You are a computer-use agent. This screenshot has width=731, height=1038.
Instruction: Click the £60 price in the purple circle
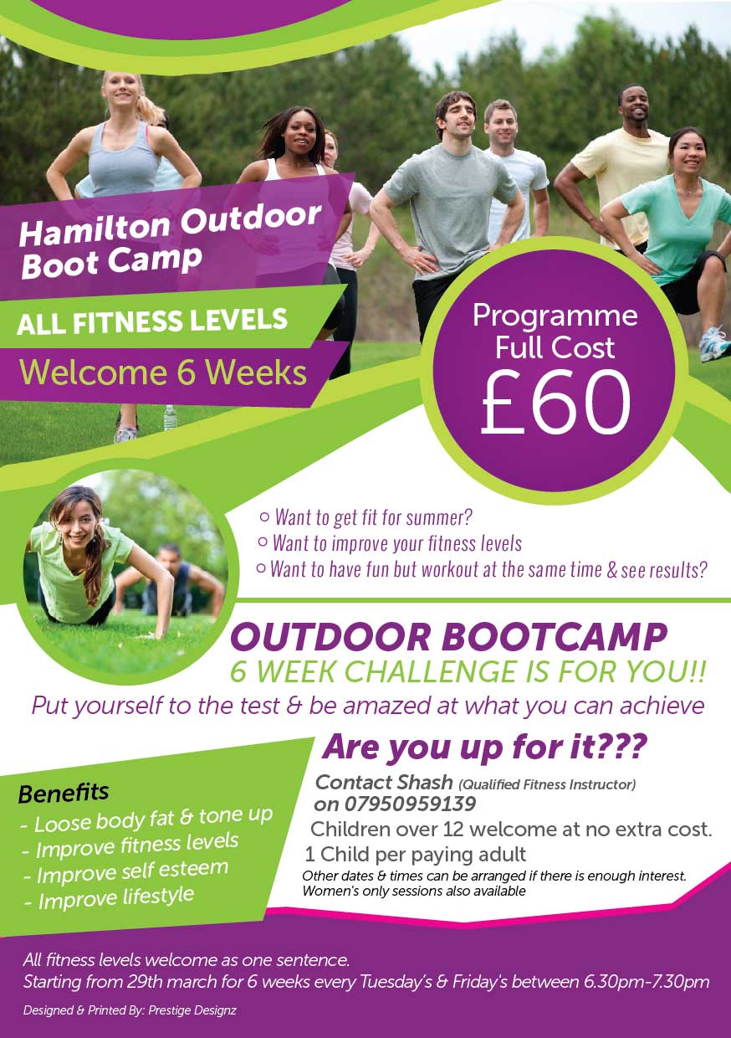555,403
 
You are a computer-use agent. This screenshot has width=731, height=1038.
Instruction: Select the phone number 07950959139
410,804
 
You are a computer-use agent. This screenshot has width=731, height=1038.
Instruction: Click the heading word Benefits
64,794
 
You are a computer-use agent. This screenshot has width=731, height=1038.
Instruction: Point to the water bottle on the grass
170,418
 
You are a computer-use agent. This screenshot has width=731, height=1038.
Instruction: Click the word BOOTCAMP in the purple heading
555,638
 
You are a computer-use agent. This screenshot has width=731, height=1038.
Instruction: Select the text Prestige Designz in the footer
192,1010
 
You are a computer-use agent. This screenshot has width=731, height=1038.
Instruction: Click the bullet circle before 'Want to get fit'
264,516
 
